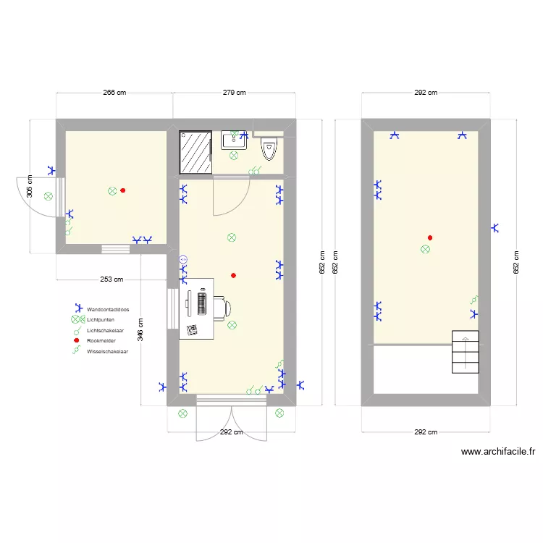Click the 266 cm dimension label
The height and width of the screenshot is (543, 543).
coord(114,93)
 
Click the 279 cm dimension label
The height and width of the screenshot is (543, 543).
coord(234,93)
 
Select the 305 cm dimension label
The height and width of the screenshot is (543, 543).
coord(30,186)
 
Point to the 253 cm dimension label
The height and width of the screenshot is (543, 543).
coord(111,279)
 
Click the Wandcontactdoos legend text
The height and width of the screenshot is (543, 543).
coord(108,308)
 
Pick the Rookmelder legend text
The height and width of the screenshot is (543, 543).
coord(101,340)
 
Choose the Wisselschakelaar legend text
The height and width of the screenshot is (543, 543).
coord(107,351)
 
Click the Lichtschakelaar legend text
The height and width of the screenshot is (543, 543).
coord(105,330)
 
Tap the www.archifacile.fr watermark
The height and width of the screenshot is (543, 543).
coord(497,452)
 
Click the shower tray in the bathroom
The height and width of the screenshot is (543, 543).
coord(195,153)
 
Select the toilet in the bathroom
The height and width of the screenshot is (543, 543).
coord(269,148)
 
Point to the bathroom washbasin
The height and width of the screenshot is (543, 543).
coord(234,139)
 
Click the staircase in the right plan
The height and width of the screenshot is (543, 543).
coord(466,352)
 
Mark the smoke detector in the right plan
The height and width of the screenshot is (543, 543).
coord(430,237)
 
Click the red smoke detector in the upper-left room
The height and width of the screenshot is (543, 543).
coord(122,190)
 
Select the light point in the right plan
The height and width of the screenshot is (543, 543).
coord(425,249)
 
